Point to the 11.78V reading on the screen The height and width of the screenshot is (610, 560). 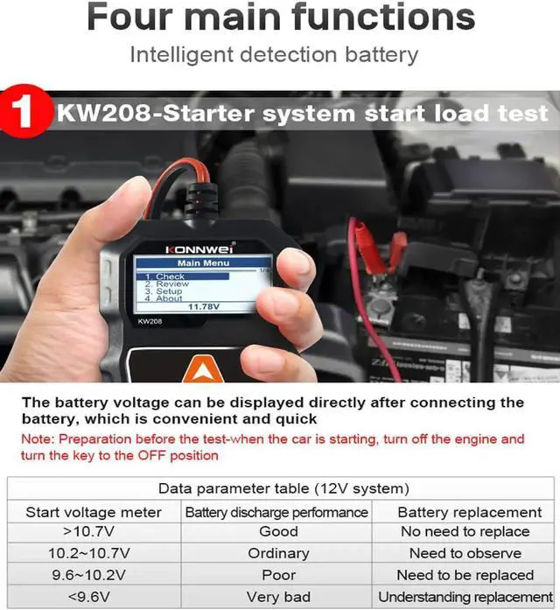(x=204, y=307)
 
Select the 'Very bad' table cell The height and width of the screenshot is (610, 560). (x=278, y=597)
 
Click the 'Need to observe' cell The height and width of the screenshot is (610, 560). (x=465, y=553)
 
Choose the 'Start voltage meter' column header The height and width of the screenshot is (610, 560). (x=93, y=512)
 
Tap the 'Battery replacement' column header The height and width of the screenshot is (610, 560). (x=469, y=512)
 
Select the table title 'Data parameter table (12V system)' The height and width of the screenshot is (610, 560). (x=283, y=488)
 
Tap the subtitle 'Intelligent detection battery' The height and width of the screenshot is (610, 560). (x=274, y=54)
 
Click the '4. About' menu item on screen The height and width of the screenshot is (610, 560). (x=164, y=298)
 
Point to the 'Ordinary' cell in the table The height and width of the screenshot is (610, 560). (x=278, y=553)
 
